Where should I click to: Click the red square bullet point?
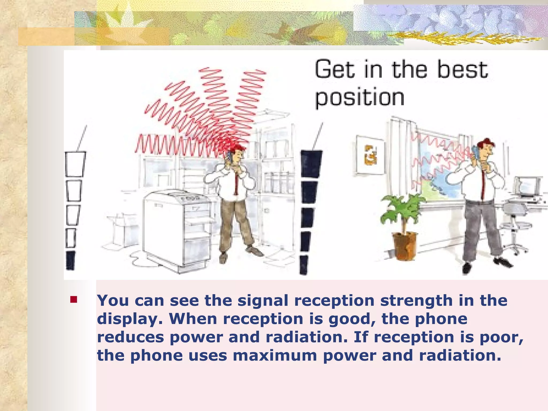[x=74, y=299]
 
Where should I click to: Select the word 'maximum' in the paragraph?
[x=275, y=356]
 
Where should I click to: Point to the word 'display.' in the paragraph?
[x=130, y=319]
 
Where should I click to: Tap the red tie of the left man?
[x=236, y=182]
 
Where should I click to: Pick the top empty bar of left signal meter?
[x=75, y=164]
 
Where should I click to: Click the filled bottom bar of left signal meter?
[x=71, y=260]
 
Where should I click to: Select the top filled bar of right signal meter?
[x=311, y=164]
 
